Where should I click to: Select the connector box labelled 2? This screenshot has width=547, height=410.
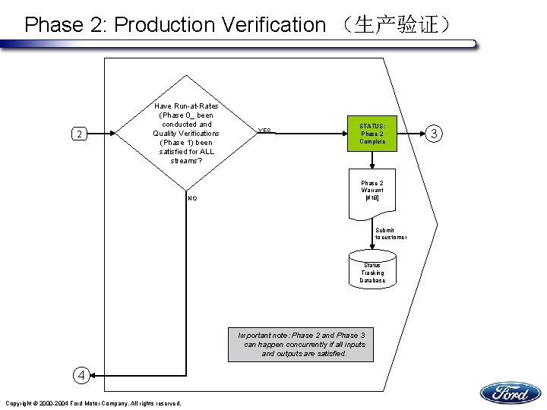click(78, 134)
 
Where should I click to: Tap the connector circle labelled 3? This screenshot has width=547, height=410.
click(434, 134)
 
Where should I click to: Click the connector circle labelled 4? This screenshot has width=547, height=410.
click(81, 374)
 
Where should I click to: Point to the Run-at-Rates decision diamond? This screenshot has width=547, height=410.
click(186, 134)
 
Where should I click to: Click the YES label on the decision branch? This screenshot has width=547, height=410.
click(264, 130)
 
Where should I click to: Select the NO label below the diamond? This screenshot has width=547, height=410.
click(192, 198)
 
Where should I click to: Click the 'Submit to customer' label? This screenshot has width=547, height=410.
click(390, 234)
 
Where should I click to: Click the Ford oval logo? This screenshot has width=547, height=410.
click(510, 393)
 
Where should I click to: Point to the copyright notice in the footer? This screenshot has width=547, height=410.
click(93, 403)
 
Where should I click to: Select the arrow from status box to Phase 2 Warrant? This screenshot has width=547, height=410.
click(372, 160)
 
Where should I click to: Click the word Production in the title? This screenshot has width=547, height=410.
click(165, 25)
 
